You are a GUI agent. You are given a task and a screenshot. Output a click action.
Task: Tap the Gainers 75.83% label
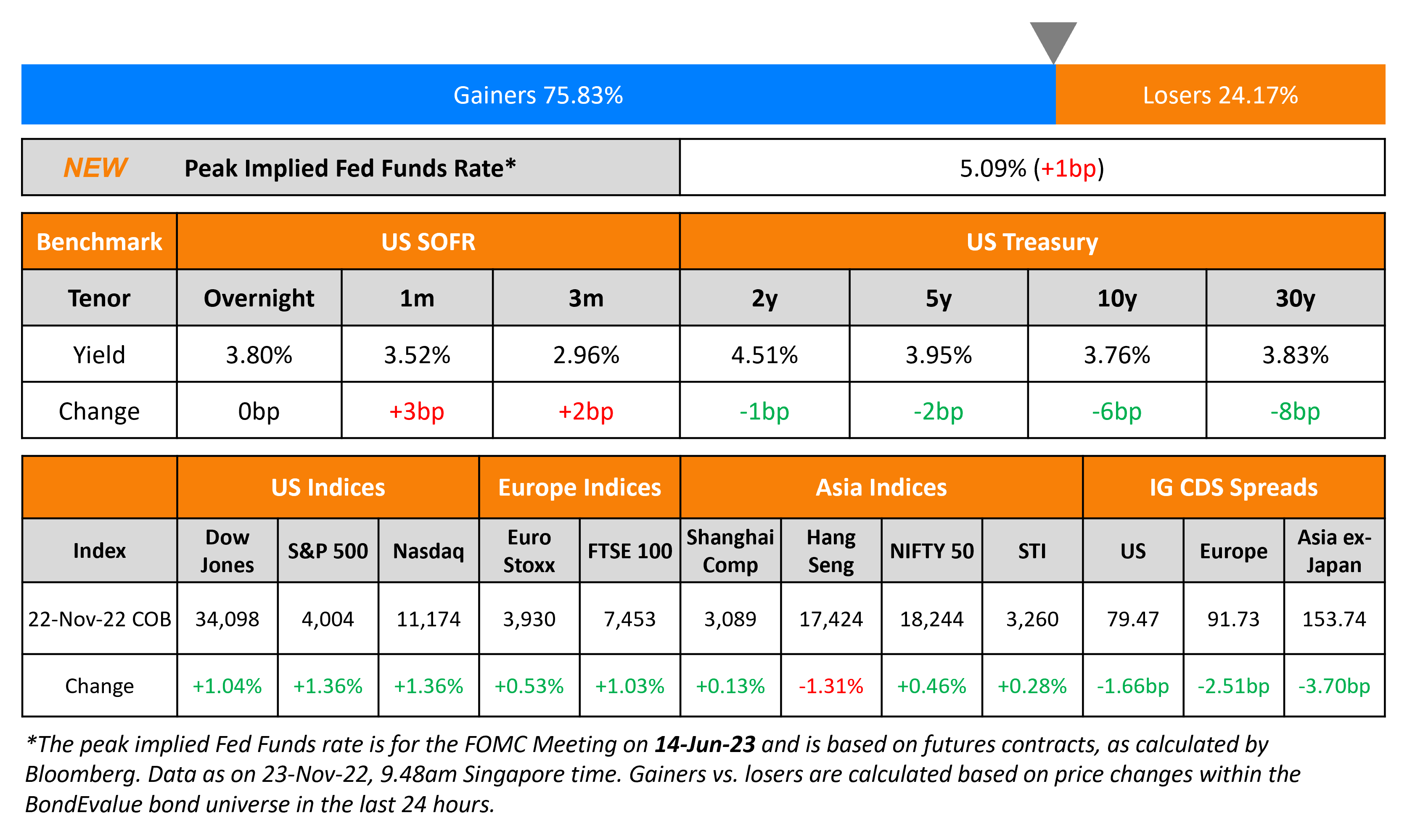pyautogui.click(x=538, y=95)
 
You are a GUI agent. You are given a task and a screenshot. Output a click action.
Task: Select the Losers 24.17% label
pyautogui.click(x=1220, y=95)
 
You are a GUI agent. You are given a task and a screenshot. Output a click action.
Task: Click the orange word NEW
pyautogui.click(x=95, y=167)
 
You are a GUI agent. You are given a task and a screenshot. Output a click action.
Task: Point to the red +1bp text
pyautogui.click(x=1068, y=168)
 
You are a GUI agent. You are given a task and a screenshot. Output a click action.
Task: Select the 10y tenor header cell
pyautogui.click(x=1116, y=298)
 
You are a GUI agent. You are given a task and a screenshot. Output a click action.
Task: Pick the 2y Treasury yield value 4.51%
pyautogui.click(x=764, y=355)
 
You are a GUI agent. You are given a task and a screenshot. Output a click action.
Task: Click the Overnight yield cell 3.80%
pyautogui.click(x=259, y=355)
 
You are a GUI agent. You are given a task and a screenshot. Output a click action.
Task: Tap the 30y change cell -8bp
pyautogui.click(x=1295, y=412)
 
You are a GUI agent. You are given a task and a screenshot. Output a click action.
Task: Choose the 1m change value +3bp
pyautogui.click(x=417, y=412)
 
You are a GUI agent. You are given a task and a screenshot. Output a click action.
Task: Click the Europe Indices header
pyautogui.click(x=579, y=487)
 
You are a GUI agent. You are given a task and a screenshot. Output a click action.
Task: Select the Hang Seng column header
pyautogui.click(x=831, y=551)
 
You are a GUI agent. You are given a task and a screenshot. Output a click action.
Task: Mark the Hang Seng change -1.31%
pyautogui.click(x=831, y=686)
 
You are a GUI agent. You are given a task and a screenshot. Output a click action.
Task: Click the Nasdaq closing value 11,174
pyautogui.click(x=428, y=619)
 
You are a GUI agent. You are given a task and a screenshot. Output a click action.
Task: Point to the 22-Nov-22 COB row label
pyautogui.click(x=100, y=619)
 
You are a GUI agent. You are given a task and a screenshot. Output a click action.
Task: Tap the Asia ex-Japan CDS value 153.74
pyautogui.click(x=1334, y=619)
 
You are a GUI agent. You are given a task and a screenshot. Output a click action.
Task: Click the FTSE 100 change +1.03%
pyautogui.click(x=629, y=686)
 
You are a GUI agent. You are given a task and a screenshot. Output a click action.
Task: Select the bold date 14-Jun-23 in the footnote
pyautogui.click(x=704, y=744)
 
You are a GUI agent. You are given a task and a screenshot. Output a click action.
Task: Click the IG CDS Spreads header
pyautogui.click(x=1233, y=487)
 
